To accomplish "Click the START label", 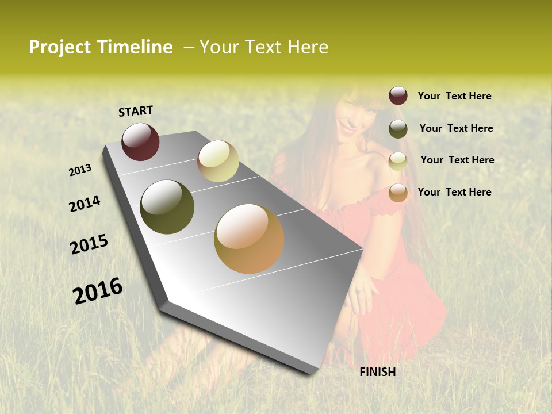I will pos(136,111).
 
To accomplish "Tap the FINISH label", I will pos(378,372).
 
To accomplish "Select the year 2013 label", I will pos(80,170).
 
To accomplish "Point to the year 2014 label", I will pos(85,204).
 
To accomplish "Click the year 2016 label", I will pos(98,290).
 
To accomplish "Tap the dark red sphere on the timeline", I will pos(140,141).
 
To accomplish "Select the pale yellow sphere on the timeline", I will pos(218,161).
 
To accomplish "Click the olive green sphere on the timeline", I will pos(167,207).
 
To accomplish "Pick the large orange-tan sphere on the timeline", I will pos(249,239).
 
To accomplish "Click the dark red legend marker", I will pos(398,96).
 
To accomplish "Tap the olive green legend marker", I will pos(398,129).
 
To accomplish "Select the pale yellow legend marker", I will pos(398,161).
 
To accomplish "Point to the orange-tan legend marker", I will pos(398,193).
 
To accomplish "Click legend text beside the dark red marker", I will pos(455,96).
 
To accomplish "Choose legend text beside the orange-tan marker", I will pos(455,192).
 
